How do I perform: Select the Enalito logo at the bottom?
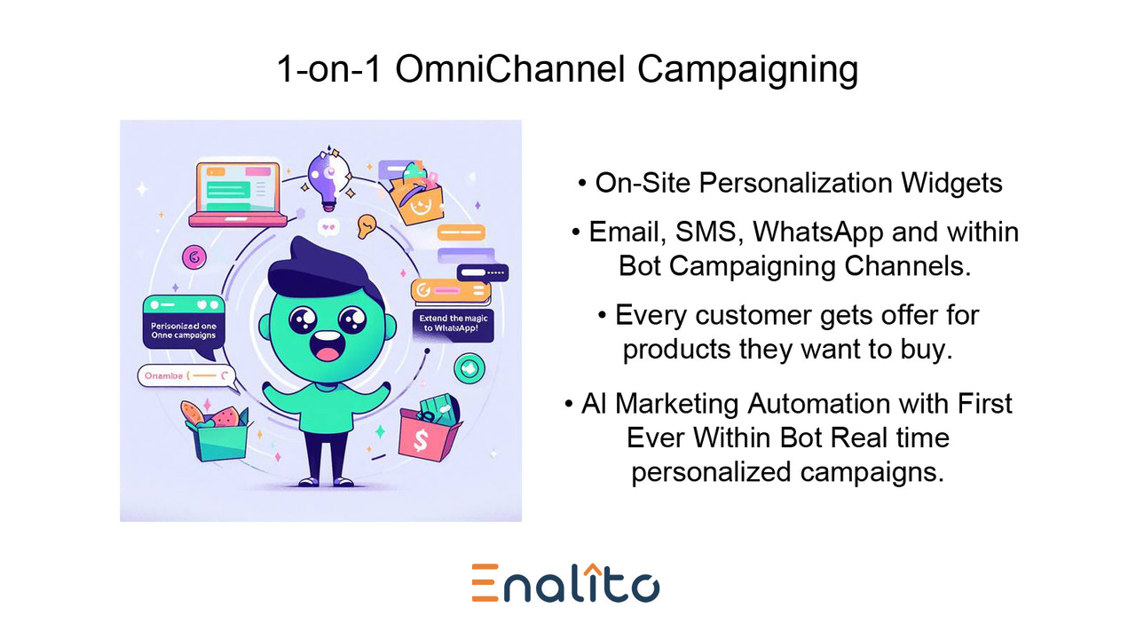point(566,583)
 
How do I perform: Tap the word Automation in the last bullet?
point(831,403)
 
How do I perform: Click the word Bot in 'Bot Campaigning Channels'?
point(638,265)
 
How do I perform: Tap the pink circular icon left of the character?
point(193,257)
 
